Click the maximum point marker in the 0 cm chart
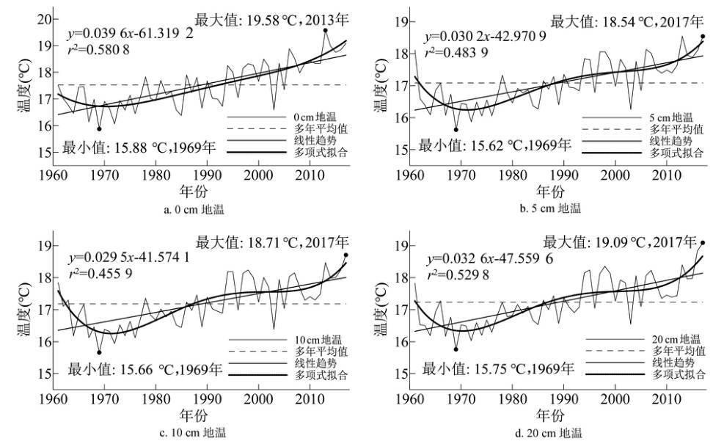(325, 30)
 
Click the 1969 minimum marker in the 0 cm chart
(99, 128)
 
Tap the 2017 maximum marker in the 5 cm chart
(703, 36)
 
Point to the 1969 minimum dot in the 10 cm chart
(99, 352)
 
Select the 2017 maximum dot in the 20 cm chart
(703, 243)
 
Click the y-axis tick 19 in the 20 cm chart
(401, 247)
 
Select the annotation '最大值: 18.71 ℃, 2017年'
(273, 241)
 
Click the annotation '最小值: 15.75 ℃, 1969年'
(497, 368)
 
